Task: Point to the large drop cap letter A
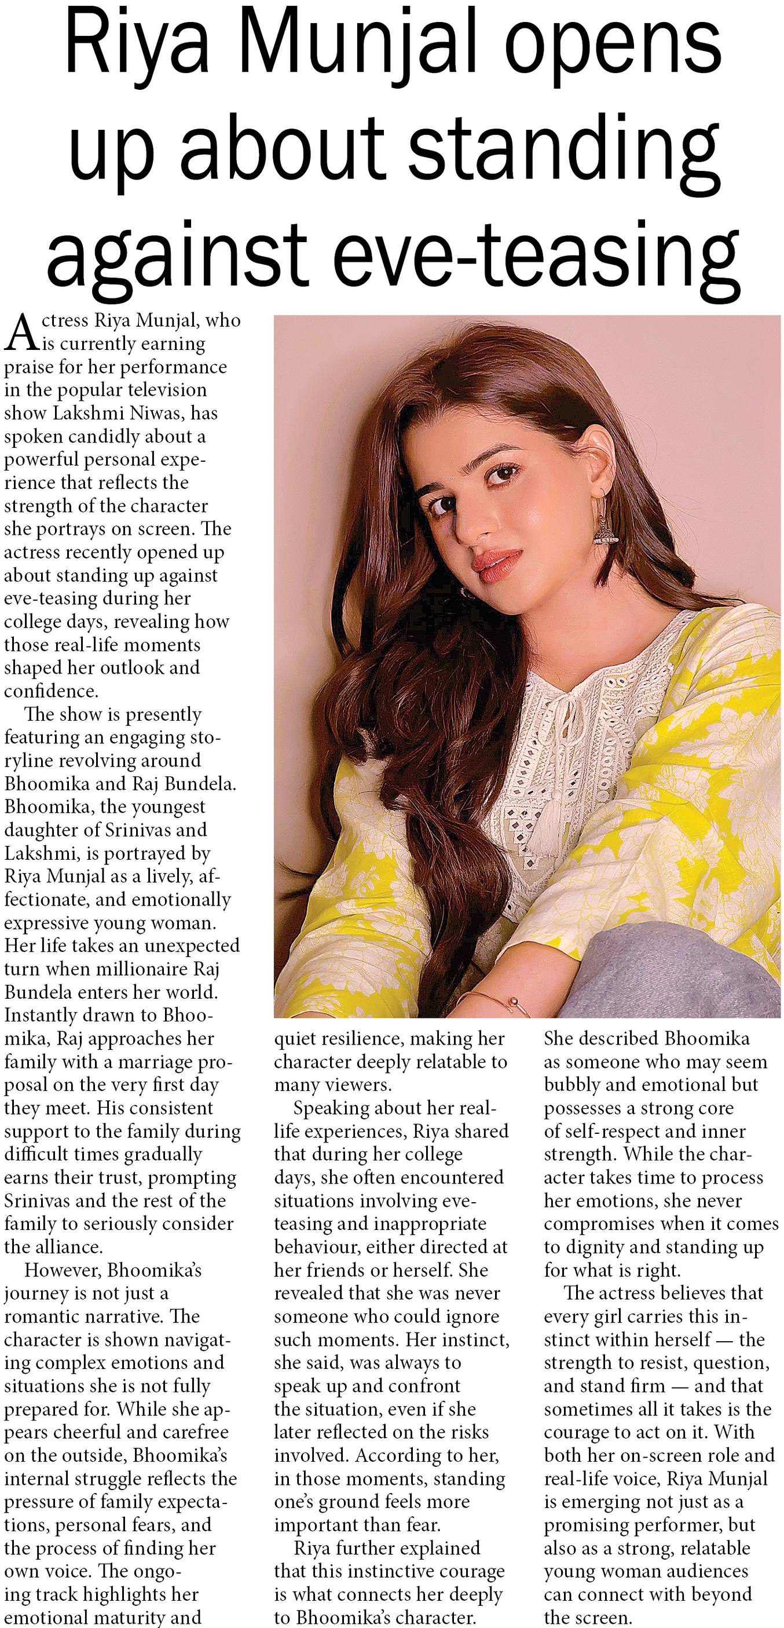(x=21, y=333)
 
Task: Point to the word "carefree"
(x=189, y=1432)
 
